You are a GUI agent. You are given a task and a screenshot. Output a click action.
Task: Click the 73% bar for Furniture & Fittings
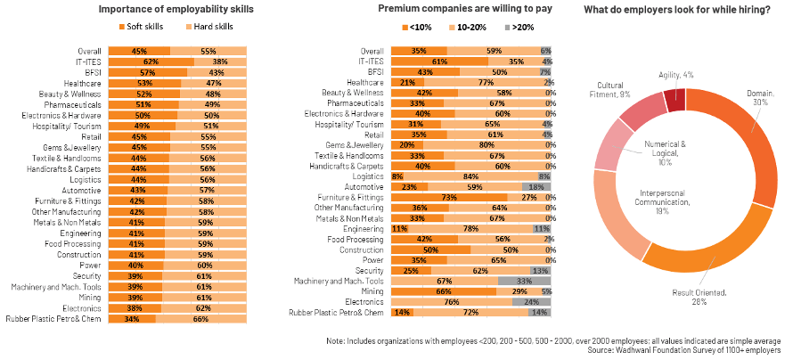pos(449,197)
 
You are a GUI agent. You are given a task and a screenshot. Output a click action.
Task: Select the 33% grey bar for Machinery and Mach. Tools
pos(526,281)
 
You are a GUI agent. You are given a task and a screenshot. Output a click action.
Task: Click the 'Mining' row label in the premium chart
pos(372,290)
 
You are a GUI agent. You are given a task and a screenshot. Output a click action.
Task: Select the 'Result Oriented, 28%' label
pos(686,298)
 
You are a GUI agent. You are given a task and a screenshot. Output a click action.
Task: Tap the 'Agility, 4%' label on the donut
pos(674,75)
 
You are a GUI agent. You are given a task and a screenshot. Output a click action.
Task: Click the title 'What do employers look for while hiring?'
pos(677,9)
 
